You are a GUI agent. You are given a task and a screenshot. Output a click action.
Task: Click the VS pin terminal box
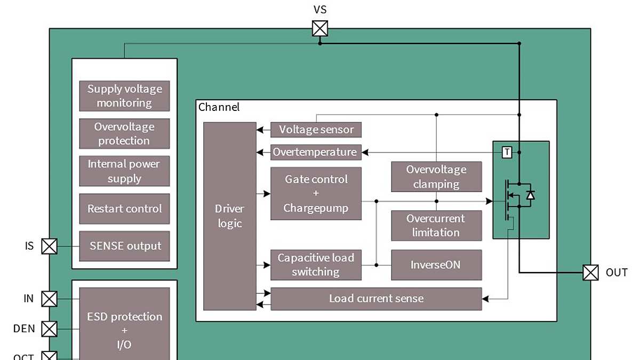coord(320,28)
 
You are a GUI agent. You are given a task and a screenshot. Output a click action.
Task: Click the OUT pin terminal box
coord(590,273)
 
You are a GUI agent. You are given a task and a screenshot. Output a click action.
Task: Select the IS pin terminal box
coord(49,246)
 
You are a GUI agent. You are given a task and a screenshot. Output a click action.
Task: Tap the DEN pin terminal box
coord(49,329)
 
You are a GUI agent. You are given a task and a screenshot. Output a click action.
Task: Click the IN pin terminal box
coord(49,299)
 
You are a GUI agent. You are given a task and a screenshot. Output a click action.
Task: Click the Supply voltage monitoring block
coord(124,96)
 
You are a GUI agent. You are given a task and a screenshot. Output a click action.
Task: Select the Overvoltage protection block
coord(124,133)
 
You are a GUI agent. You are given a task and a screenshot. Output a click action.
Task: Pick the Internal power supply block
coord(124,171)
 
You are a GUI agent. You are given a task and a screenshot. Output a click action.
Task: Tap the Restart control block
coord(124,209)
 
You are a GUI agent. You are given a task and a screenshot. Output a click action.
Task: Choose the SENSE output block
coord(124,246)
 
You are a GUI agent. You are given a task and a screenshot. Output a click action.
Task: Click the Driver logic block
coord(230,216)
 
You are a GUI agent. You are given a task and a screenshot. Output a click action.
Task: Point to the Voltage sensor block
coord(316,130)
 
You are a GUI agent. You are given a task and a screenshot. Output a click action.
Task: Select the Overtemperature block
coord(316,152)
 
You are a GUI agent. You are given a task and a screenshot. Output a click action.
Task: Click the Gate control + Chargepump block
coord(316,194)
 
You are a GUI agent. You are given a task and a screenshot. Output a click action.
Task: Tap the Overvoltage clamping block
coord(436,177)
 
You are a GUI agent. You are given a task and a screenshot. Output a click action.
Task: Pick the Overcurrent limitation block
coord(436,226)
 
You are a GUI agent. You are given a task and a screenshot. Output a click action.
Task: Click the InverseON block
coord(436,265)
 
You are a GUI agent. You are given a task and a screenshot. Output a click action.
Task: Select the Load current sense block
coord(376,299)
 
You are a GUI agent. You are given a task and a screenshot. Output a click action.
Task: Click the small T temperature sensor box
coord(507,153)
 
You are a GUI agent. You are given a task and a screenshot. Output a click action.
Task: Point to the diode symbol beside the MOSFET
coord(530,195)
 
